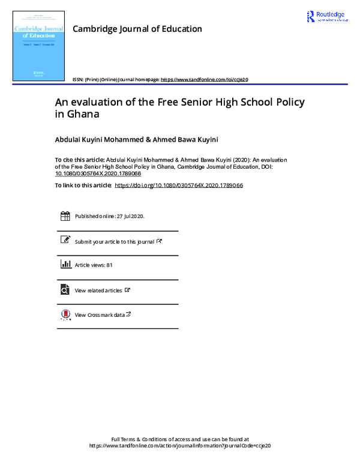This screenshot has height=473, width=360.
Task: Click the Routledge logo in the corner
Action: click(327, 17)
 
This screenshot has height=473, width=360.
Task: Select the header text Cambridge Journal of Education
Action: click(137, 29)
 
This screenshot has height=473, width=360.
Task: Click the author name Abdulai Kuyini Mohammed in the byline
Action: click(97, 139)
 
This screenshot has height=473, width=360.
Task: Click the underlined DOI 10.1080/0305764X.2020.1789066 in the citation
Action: click(98, 173)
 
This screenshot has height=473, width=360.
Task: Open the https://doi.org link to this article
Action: click(178, 185)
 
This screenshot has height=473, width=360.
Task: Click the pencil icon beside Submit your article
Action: click(65, 240)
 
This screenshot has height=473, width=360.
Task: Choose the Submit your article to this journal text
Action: click(115, 241)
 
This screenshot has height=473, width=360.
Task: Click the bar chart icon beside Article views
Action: click(65, 265)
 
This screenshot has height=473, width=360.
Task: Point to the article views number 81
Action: click(109, 265)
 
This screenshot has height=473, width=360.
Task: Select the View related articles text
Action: click(98, 291)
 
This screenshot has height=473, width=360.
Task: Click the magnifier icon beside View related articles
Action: click(65, 290)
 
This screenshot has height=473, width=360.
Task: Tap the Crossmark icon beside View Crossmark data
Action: click(65, 315)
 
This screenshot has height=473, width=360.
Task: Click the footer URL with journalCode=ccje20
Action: click(180, 446)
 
